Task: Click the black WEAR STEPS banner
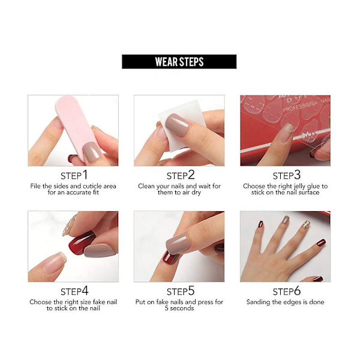(x=179, y=62)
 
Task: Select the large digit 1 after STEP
(x=85, y=175)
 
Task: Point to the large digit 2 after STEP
(x=191, y=175)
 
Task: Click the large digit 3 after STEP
(x=297, y=175)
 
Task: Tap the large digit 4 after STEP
(x=85, y=291)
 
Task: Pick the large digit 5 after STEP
(x=191, y=291)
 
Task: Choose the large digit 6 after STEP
(x=297, y=291)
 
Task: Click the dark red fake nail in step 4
(x=81, y=243)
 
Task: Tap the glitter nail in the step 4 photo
(x=70, y=225)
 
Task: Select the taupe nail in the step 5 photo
(x=178, y=244)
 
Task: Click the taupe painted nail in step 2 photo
(x=178, y=125)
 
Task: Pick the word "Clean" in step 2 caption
(x=147, y=186)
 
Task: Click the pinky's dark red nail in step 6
(x=321, y=242)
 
